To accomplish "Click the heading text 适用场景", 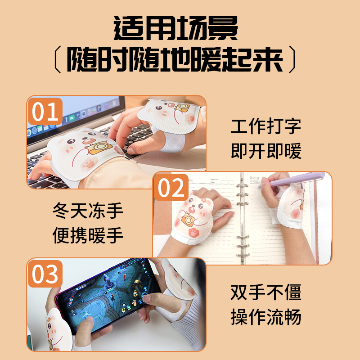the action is tap(175, 28).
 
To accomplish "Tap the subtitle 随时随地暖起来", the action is tap(175, 60).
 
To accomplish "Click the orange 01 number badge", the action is tap(45, 111).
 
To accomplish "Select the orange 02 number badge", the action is tap(171, 187).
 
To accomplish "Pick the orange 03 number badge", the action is tap(45, 274).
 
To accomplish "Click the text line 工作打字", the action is tap(266, 126).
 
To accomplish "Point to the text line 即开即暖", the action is tap(266, 151).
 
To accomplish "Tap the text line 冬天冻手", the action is tap(88, 211).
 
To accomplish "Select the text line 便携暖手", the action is tap(88, 235).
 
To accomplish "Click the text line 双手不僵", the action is tap(266, 292).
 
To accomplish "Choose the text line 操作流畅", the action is tap(266, 317).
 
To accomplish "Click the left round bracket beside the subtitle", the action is tap(58, 59).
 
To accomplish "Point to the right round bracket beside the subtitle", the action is tap(292, 59).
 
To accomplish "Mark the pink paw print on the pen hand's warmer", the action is tap(295, 214).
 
